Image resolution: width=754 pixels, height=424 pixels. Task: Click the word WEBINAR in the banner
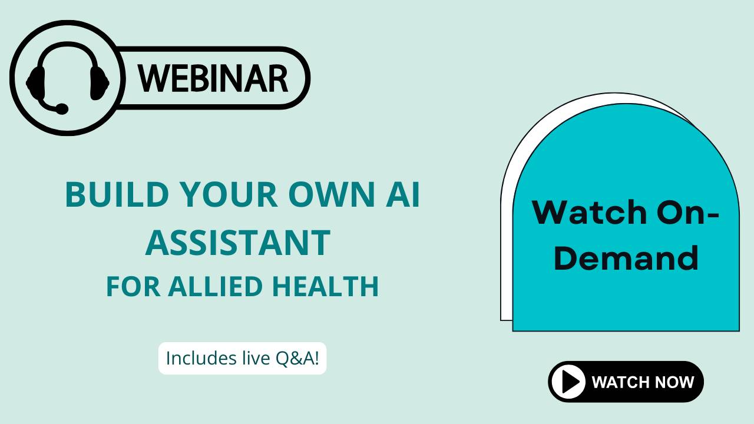[213, 78]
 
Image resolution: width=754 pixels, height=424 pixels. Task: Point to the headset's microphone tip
[61, 109]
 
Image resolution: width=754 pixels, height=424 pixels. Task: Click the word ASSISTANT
[237, 243]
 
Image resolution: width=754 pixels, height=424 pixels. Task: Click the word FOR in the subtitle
[133, 286]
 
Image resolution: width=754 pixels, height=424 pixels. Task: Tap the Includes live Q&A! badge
[242, 358]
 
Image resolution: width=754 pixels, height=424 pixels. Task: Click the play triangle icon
[570, 382]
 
